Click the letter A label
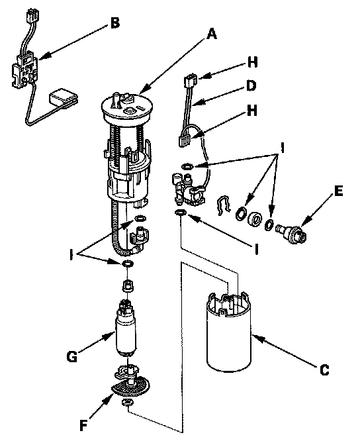pos(212,34)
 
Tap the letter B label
pos(115,23)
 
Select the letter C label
pos(324,370)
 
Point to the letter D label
pos(251,85)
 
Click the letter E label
pos(338,191)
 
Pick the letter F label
pos(83,426)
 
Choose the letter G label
pos(72,357)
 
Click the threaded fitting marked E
pos(291,233)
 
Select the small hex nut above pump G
pos(128,286)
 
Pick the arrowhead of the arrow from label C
pos(255,336)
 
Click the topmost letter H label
pos(252,63)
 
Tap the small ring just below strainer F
pos(127,402)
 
